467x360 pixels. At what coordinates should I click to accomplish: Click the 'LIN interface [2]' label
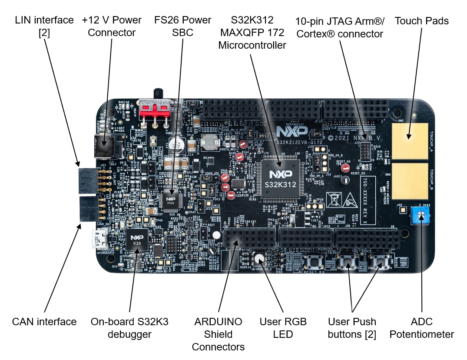[x=44, y=27]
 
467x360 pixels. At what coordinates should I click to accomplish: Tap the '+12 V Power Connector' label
[x=112, y=27]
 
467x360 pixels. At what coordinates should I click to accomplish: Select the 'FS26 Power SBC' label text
[x=183, y=27]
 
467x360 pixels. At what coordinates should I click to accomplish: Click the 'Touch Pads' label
[x=421, y=20]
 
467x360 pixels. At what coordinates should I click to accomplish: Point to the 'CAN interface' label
[x=44, y=322]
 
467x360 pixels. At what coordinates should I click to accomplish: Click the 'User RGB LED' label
[x=283, y=328]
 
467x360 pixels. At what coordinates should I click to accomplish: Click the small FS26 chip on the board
[x=171, y=200]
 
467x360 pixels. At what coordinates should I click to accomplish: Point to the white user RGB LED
[x=259, y=258]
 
